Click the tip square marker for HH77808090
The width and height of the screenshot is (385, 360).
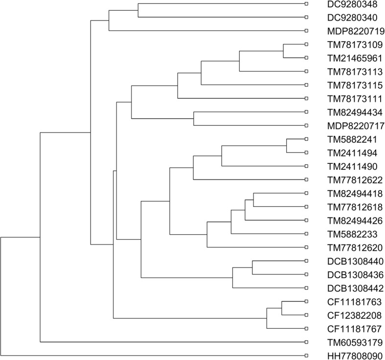[x=306, y=355]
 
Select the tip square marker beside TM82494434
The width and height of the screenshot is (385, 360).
[x=306, y=112]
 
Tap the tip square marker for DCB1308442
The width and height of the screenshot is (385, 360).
[x=306, y=288]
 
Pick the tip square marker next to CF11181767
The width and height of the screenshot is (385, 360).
[x=306, y=328]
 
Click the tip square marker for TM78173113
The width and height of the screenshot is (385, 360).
[x=306, y=71]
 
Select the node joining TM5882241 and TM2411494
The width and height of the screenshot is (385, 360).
[x=286, y=146]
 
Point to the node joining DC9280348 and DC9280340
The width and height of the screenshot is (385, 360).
[x=138, y=10]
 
